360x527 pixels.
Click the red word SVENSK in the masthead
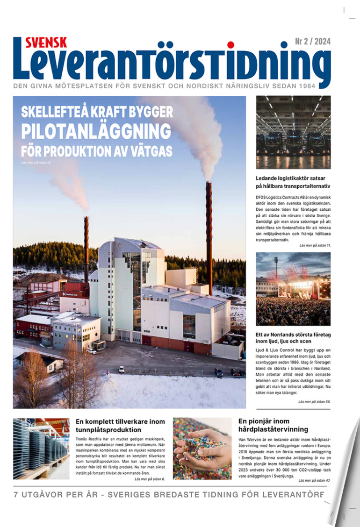tap(46, 42)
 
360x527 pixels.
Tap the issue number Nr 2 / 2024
tap(312, 42)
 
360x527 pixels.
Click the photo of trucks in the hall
tap(293, 132)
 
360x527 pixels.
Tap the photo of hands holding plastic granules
tap(202, 448)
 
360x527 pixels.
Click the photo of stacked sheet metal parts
tap(41, 448)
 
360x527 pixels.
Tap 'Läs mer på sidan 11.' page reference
tap(315, 245)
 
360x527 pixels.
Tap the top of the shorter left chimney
tap(86, 219)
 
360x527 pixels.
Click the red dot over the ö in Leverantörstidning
tap(230, 45)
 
